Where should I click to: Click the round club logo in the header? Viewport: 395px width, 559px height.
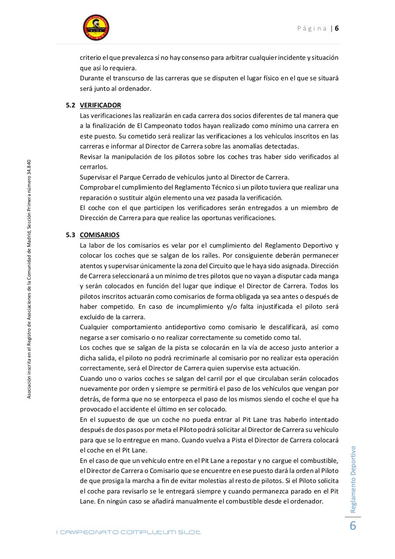96,28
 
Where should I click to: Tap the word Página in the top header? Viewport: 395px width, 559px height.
312,28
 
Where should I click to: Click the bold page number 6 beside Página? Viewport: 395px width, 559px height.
337,28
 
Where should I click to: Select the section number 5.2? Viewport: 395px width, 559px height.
70,105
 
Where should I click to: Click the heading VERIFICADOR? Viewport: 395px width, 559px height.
100,105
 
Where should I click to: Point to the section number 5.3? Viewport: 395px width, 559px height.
70,235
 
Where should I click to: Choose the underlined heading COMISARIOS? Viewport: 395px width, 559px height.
100,235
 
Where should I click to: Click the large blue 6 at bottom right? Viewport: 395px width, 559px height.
353,526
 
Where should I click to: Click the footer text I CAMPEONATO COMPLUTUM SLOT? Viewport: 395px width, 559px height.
129,532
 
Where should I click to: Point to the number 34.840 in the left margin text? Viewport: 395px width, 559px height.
29,168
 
